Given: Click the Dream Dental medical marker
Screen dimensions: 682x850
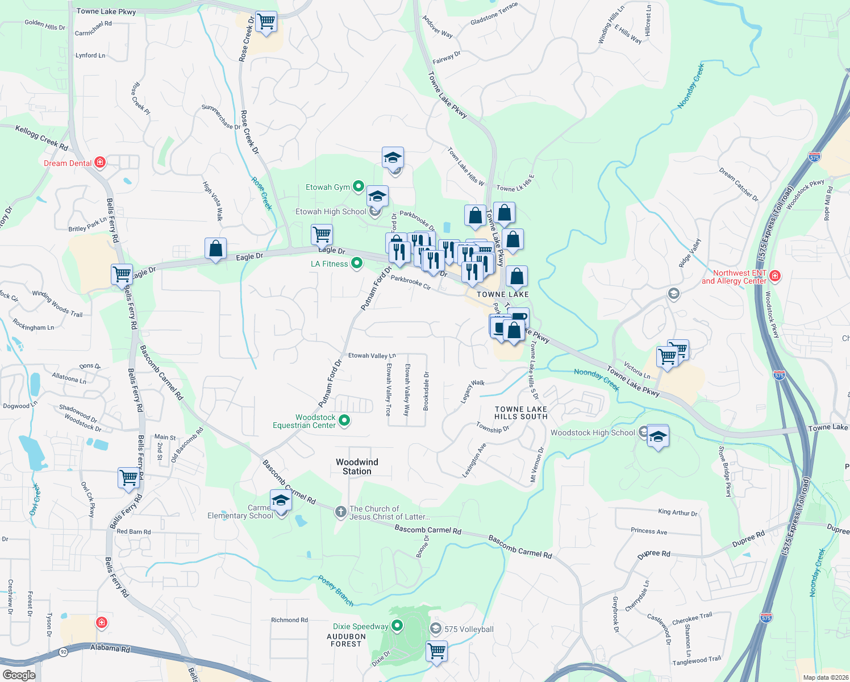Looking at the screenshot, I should [100, 163].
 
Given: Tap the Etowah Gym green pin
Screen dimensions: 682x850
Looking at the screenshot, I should [359, 186].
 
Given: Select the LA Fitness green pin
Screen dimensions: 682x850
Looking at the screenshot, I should [357, 263].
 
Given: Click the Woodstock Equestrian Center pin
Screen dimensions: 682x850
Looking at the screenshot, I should [344, 421].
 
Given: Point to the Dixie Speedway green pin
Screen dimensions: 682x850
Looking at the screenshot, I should [397, 626].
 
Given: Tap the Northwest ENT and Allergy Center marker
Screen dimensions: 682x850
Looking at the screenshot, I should [775, 276].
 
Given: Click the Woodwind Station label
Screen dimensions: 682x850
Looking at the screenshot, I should [357, 467].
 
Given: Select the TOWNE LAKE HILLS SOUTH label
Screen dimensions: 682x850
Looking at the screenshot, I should [520, 413].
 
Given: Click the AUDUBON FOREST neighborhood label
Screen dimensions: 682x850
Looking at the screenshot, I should [346, 640].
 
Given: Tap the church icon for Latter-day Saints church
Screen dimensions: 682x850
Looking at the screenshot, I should [340, 512].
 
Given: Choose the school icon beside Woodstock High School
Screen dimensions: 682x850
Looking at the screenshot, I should [657, 436].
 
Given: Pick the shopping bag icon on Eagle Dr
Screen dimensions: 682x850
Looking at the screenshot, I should [215, 248].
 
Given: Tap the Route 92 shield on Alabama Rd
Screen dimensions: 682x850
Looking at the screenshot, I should [64, 652].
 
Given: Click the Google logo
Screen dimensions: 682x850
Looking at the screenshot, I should [19, 675].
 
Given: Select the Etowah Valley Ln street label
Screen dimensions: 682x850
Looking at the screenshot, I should [372, 355].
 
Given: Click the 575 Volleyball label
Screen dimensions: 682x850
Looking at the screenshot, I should [469, 629].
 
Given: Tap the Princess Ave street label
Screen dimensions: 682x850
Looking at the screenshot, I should [649, 531].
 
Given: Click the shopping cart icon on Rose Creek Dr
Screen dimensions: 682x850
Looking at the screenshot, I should [265, 22].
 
